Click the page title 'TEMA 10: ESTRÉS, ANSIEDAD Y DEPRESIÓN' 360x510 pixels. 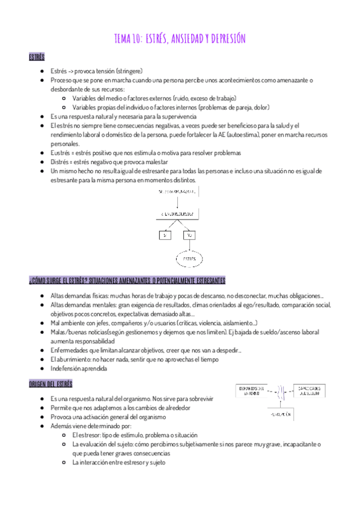[x=180, y=40]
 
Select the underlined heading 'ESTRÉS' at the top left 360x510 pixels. [x=37, y=57]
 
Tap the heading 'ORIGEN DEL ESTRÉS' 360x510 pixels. [x=50, y=383]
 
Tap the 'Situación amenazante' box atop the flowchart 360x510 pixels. [x=178, y=191]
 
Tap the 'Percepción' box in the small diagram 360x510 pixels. [x=280, y=415]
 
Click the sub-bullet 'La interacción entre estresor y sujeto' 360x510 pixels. [x=119, y=462]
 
